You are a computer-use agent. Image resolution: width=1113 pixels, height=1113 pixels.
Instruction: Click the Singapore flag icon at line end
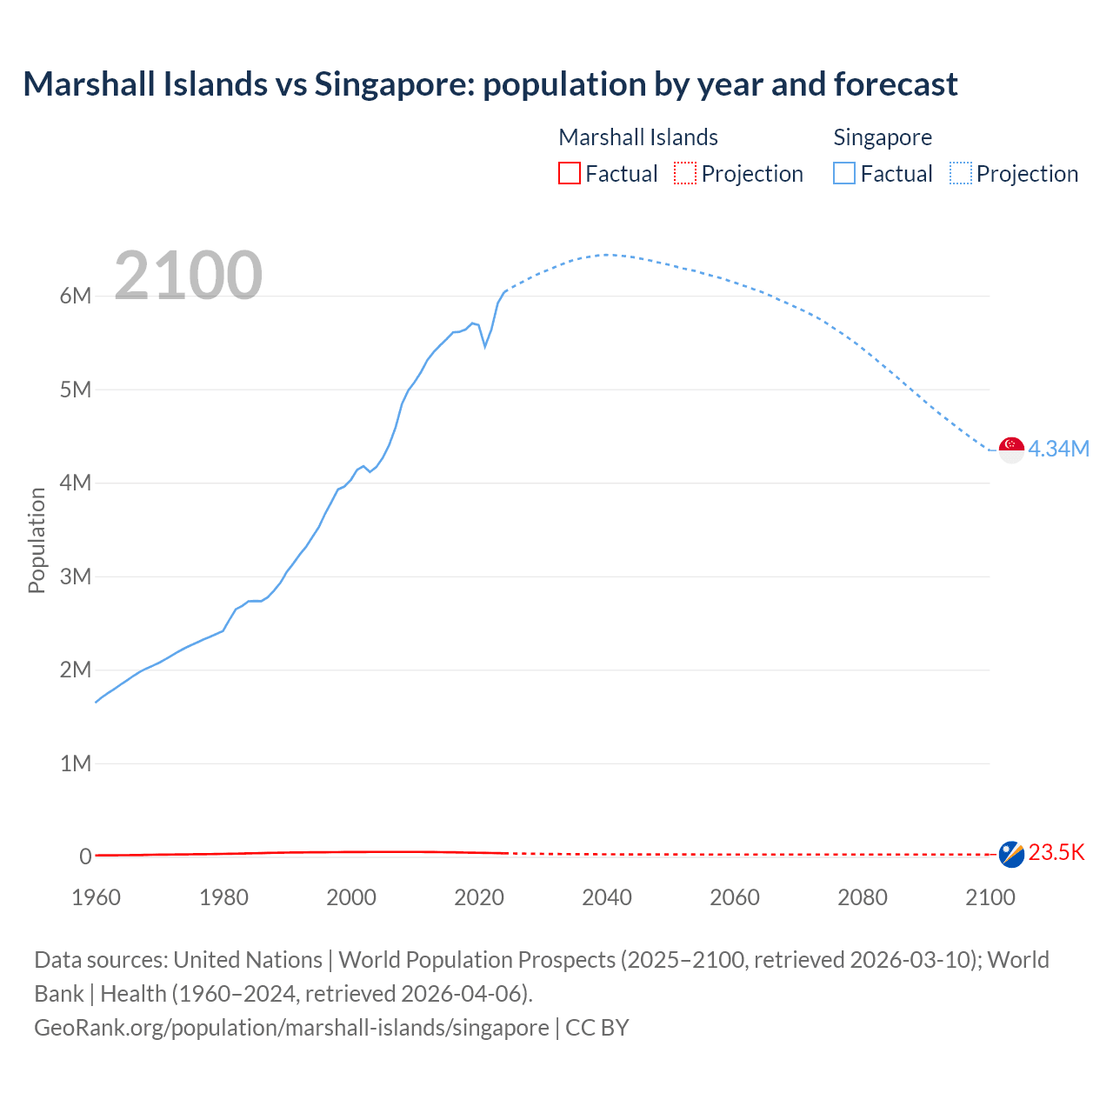(x=1011, y=450)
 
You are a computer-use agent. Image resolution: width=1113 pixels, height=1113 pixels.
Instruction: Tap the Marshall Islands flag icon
(x=1011, y=854)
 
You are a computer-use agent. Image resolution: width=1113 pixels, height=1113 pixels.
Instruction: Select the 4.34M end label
(x=1058, y=449)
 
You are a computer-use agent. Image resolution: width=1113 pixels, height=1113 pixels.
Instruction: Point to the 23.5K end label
(x=1056, y=853)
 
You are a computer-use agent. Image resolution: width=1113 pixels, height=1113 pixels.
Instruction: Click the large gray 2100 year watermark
(x=188, y=276)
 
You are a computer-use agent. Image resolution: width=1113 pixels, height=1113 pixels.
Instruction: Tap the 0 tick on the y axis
(x=85, y=856)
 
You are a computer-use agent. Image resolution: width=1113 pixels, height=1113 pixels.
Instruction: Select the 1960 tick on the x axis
(x=96, y=897)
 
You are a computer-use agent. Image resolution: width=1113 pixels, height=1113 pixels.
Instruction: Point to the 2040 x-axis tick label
(x=607, y=897)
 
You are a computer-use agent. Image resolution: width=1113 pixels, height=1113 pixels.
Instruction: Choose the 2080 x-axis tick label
(x=863, y=897)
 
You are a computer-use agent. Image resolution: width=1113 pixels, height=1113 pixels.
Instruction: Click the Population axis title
(x=37, y=540)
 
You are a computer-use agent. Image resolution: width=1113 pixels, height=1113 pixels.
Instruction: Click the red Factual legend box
(x=569, y=174)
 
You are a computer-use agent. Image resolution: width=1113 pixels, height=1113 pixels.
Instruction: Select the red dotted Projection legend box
(x=685, y=174)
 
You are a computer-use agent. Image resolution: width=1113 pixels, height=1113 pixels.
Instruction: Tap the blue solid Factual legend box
(x=843, y=174)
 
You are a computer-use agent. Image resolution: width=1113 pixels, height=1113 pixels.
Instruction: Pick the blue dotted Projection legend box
(x=961, y=174)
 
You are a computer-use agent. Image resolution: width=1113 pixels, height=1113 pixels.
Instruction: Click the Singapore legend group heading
(x=882, y=137)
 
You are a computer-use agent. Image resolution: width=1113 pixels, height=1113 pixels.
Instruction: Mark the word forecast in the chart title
(x=896, y=84)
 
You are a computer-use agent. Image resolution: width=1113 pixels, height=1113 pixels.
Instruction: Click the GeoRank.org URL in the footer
(x=291, y=1028)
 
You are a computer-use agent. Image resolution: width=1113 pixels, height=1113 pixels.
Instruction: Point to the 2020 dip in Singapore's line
(x=485, y=346)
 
